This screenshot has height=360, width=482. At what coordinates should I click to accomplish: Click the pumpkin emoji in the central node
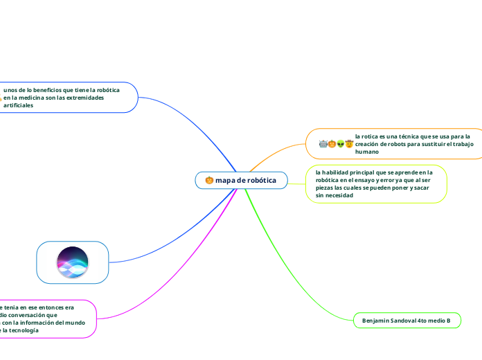pos(208,181)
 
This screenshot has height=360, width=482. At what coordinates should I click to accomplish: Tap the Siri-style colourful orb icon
pos(73,262)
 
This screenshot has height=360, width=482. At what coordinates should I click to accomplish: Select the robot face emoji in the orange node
pos(323,144)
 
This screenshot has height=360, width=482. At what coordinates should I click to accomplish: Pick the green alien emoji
pos(341,144)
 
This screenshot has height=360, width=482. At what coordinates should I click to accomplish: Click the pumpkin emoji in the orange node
pos(332,144)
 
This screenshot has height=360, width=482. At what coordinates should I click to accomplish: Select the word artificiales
pos(18,105)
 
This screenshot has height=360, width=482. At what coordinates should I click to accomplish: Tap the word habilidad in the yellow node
pos(336,172)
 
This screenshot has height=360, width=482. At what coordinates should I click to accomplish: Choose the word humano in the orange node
pos(367,151)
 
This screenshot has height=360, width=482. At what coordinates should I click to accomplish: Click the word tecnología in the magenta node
pos(25,330)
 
